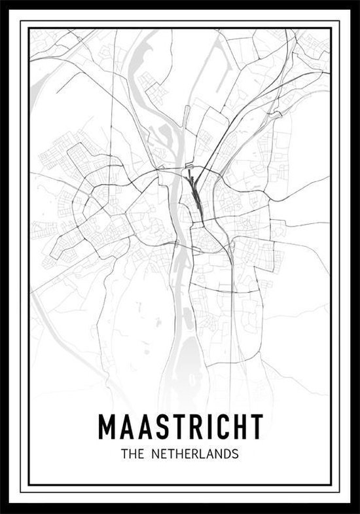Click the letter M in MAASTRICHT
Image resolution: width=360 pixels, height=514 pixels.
click(107, 427)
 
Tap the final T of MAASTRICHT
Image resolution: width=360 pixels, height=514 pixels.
click(255, 427)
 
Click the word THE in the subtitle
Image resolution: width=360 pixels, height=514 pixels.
click(130, 453)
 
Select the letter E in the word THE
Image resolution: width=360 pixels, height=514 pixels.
click(137, 453)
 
